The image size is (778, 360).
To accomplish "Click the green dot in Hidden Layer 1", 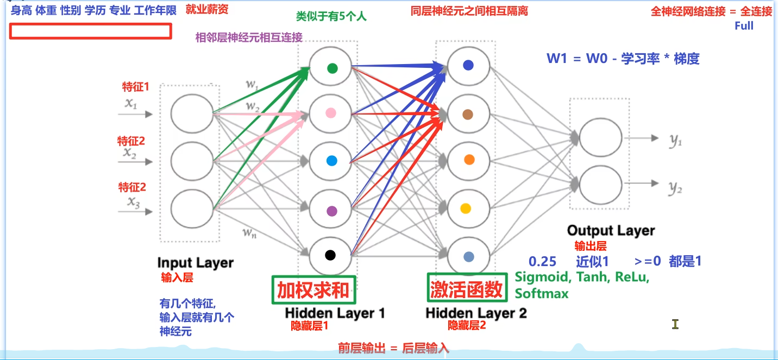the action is tap(332, 68).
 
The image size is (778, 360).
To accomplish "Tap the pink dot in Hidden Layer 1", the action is tap(331, 113).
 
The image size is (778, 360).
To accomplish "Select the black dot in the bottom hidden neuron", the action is tap(330, 255).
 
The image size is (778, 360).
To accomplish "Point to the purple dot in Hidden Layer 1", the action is tap(332, 211).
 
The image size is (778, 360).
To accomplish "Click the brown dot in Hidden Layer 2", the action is tap(468, 114).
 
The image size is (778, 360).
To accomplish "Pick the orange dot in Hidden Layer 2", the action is tap(469, 160).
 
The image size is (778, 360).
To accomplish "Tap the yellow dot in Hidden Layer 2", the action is tap(466, 209).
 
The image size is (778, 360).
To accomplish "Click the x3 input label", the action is tap(133, 202).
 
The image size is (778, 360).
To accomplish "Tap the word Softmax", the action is tap(542, 294).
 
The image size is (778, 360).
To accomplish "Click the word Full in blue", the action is tap(744, 26).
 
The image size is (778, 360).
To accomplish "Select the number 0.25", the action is tap(543, 261).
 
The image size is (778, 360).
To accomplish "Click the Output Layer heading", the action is tap(611, 231).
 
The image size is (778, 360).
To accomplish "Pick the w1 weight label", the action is tap(252, 84).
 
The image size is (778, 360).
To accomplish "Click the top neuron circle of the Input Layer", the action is tap(192, 113).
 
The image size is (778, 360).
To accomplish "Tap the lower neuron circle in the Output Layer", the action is tap(600, 185).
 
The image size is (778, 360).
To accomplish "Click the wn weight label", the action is tap(249, 232).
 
